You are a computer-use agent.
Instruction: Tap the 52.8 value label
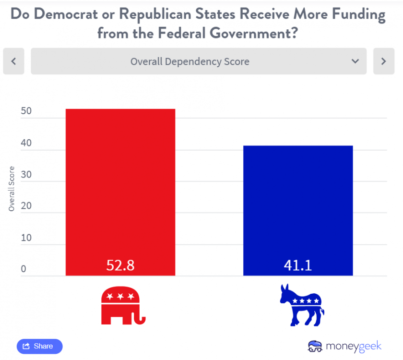coord(120,265)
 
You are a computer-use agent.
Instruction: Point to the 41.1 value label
coord(298,265)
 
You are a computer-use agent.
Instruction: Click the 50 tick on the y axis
coord(26,111)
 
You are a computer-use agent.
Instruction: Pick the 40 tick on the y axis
coord(26,143)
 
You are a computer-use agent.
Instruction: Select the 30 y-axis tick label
coord(26,175)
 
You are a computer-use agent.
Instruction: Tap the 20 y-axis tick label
coord(26,206)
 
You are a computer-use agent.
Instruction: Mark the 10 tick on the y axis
coord(26,238)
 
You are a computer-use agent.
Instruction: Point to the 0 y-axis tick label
coord(24,269)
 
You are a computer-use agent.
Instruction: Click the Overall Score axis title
coord(12,189)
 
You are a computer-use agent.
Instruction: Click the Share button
coord(39,346)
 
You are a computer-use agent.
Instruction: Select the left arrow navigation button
coord(13,61)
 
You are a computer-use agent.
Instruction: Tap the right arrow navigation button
coord(383,61)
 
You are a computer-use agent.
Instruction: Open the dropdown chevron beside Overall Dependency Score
coord(355,61)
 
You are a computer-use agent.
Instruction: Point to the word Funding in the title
coord(354,15)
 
